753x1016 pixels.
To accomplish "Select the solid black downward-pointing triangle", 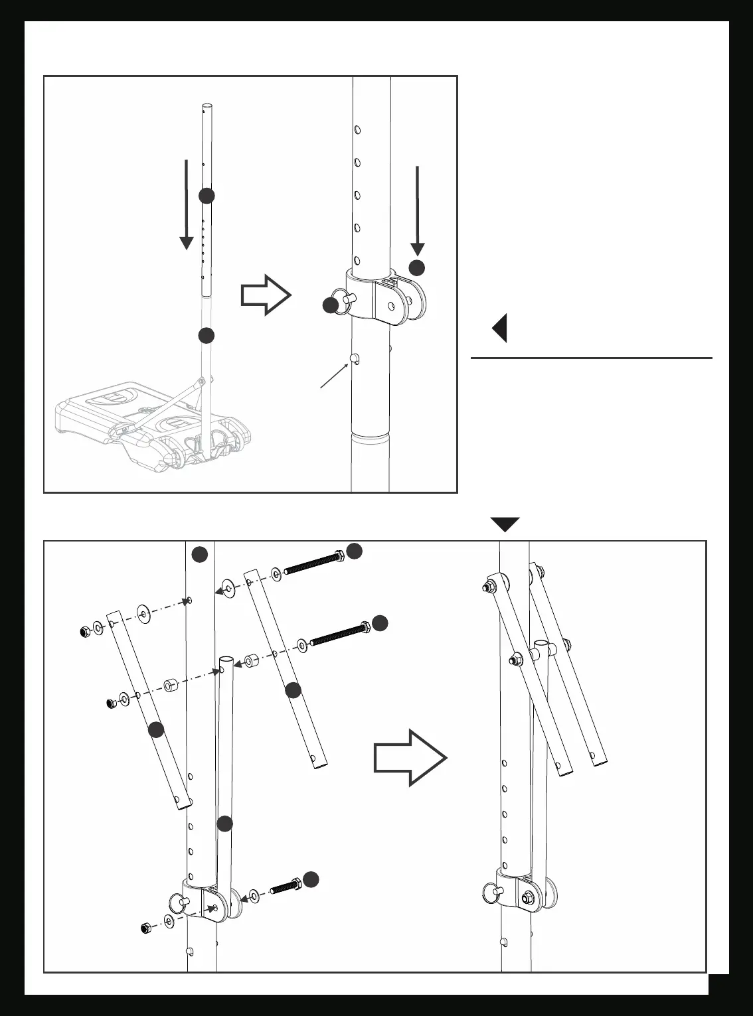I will coord(505,524).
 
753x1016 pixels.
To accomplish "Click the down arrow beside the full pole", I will coord(187,204).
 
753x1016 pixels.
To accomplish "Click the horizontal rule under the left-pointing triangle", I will coord(591,358).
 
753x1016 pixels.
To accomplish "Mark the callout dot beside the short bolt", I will coord(311,880).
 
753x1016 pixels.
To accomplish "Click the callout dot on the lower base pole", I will coord(207,336).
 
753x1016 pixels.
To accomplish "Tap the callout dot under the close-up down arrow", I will coord(416,268).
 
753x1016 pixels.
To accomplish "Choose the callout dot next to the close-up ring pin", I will coord(331,306).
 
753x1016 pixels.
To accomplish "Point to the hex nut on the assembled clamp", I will coord(527,898).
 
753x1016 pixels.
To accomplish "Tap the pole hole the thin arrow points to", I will coord(354,359).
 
